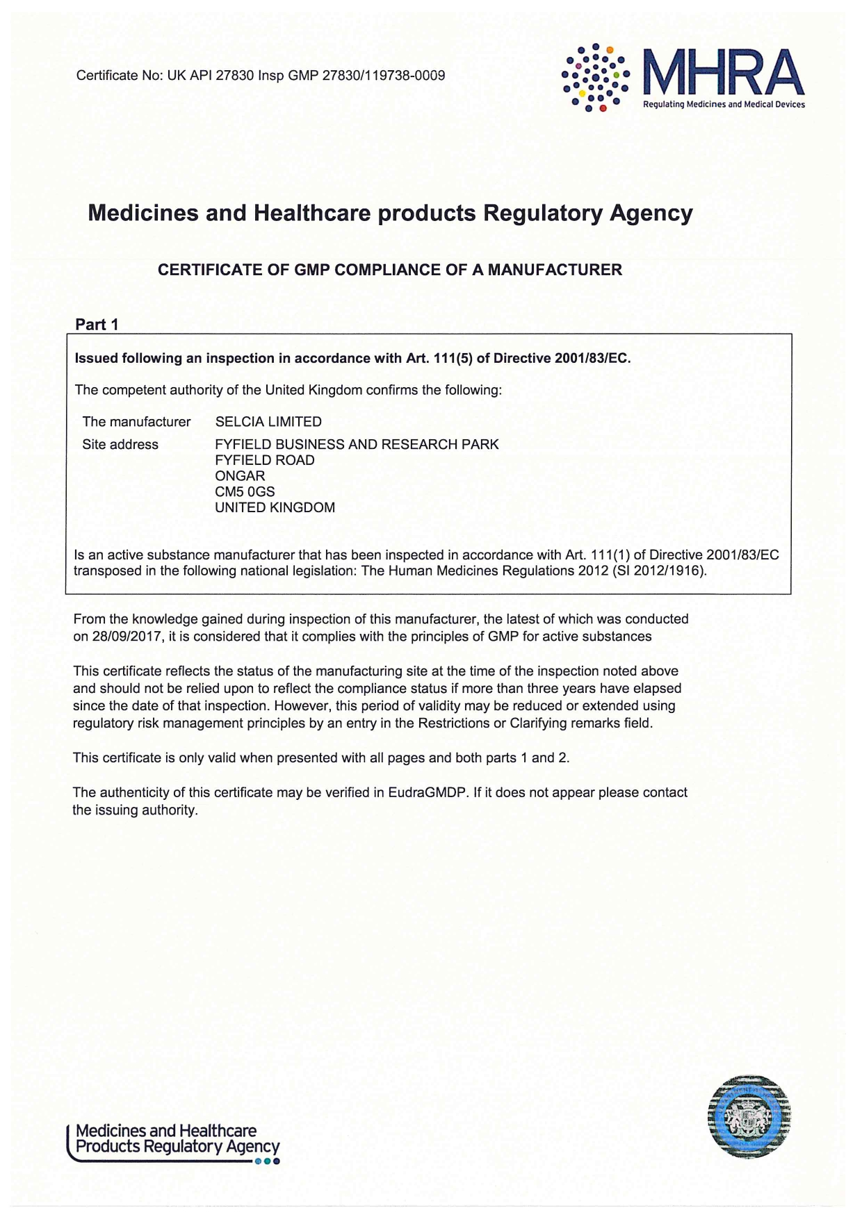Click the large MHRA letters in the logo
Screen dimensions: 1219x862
pyautogui.click(x=723, y=73)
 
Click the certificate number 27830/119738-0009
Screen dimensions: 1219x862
pyautogui.click(x=384, y=76)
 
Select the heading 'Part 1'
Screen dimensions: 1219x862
pyautogui.click(x=97, y=325)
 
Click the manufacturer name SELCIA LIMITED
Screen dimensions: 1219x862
pyautogui.click(x=268, y=422)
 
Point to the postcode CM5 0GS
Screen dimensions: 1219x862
pyautogui.click(x=245, y=492)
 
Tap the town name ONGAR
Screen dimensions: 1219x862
pyautogui.click(x=240, y=476)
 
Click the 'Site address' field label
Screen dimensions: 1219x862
pyautogui.click(x=120, y=445)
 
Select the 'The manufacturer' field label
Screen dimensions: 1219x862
pyautogui.click(x=136, y=422)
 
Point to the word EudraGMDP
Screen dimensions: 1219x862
pyautogui.click(x=427, y=793)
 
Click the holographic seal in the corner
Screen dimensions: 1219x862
pyautogui.click(x=749, y=1116)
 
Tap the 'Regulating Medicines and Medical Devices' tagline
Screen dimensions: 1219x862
pyautogui.click(x=724, y=105)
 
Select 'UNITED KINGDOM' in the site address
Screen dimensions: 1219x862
pyautogui.click(x=275, y=508)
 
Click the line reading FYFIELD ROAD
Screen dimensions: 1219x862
pyautogui.click(x=264, y=461)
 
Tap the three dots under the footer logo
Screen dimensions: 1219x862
pyautogui.click(x=267, y=1161)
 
